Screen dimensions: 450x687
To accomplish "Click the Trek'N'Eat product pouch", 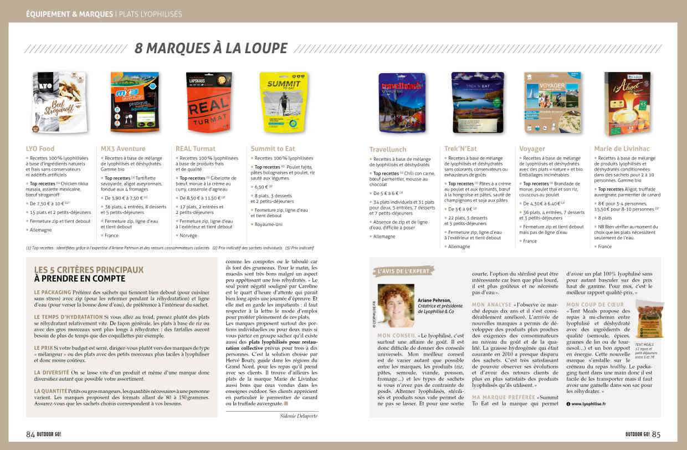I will [473, 103].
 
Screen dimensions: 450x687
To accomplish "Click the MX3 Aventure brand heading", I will [123, 149].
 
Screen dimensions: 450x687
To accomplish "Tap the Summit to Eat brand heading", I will [273, 149].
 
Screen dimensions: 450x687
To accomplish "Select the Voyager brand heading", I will [532, 149].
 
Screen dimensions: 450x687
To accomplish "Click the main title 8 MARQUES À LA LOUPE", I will [211, 48].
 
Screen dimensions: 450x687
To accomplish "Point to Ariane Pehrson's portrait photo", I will [396, 305].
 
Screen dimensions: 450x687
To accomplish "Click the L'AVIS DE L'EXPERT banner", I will [404, 272].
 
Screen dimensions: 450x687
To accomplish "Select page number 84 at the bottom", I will [30, 434].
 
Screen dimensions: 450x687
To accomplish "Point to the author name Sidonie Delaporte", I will [295, 415].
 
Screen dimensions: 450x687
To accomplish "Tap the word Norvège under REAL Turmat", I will [188, 236].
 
